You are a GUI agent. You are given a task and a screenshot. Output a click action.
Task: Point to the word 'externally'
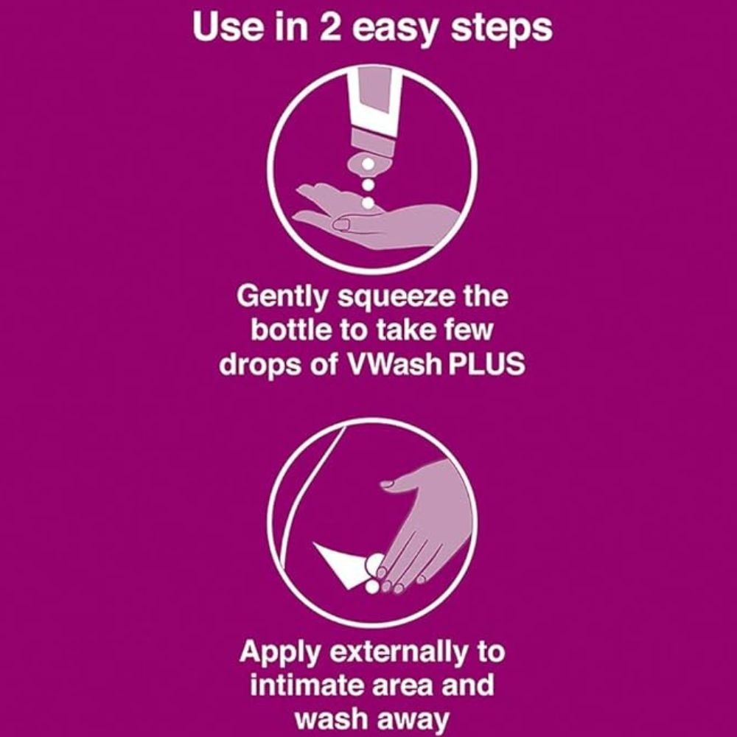(x=418, y=652)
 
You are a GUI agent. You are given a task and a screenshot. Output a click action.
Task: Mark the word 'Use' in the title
(x=220, y=29)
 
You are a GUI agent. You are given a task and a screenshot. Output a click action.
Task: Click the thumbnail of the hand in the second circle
(x=386, y=484)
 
